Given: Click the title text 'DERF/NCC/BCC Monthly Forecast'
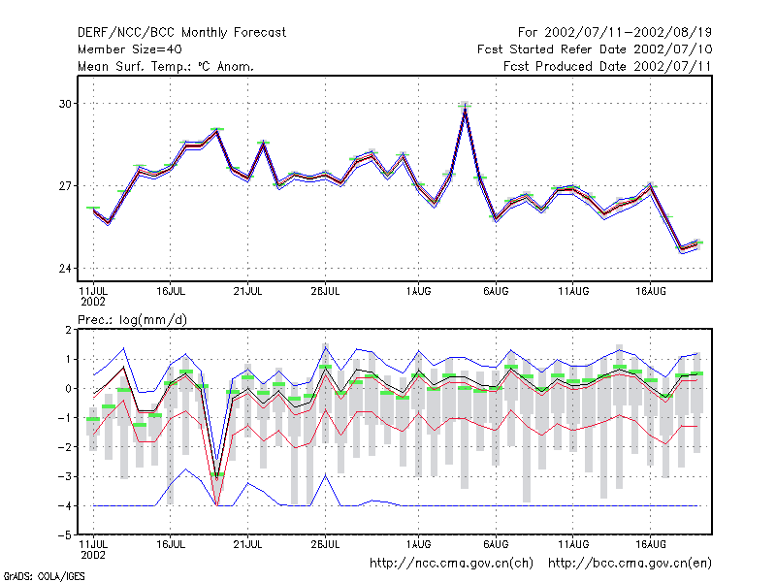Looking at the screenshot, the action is [x=181, y=33].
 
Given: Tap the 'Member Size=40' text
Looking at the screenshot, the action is [x=130, y=49].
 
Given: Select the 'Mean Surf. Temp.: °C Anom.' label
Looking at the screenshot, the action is [x=166, y=66].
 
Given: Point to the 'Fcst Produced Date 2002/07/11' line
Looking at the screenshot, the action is [x=607, y=66].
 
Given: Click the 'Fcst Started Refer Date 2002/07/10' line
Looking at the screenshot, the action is [x=595, y=49].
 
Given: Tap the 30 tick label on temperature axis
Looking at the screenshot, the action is [x=65, y=104].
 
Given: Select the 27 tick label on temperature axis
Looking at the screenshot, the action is [x=65, y=186].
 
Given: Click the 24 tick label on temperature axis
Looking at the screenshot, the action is [x=65, y=269].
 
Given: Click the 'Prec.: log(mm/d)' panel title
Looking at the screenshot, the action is [x=132, y=320].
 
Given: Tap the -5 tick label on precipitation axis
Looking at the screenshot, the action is [x=65, y=535].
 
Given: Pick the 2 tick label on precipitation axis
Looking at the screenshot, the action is [x=68, y=330].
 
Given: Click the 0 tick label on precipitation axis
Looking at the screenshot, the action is [x=68, y=389].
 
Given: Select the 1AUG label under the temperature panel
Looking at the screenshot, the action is [x=418, y=292].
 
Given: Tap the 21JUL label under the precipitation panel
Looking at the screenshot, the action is [x=247, y=544].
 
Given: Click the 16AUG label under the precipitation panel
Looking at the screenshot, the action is [x=650, y=544].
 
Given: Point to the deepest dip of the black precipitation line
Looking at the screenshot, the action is [x=216, y=476].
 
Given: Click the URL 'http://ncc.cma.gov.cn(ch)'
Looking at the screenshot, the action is [x=451, y=564].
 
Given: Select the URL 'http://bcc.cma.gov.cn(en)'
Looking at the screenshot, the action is [x=630, y=564].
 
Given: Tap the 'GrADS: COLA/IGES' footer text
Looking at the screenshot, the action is [x=44, y=576].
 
